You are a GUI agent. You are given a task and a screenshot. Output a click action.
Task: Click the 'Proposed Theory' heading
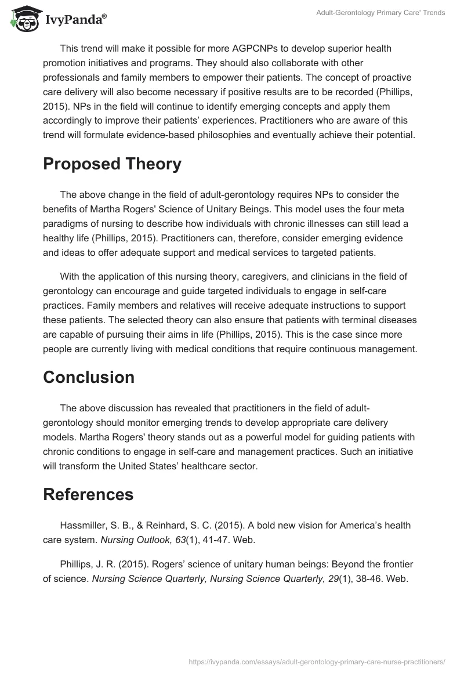tap(112, 164)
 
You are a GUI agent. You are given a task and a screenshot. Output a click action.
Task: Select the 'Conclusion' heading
tap(89, 377)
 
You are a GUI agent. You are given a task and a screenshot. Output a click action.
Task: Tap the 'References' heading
tap(88, 494)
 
